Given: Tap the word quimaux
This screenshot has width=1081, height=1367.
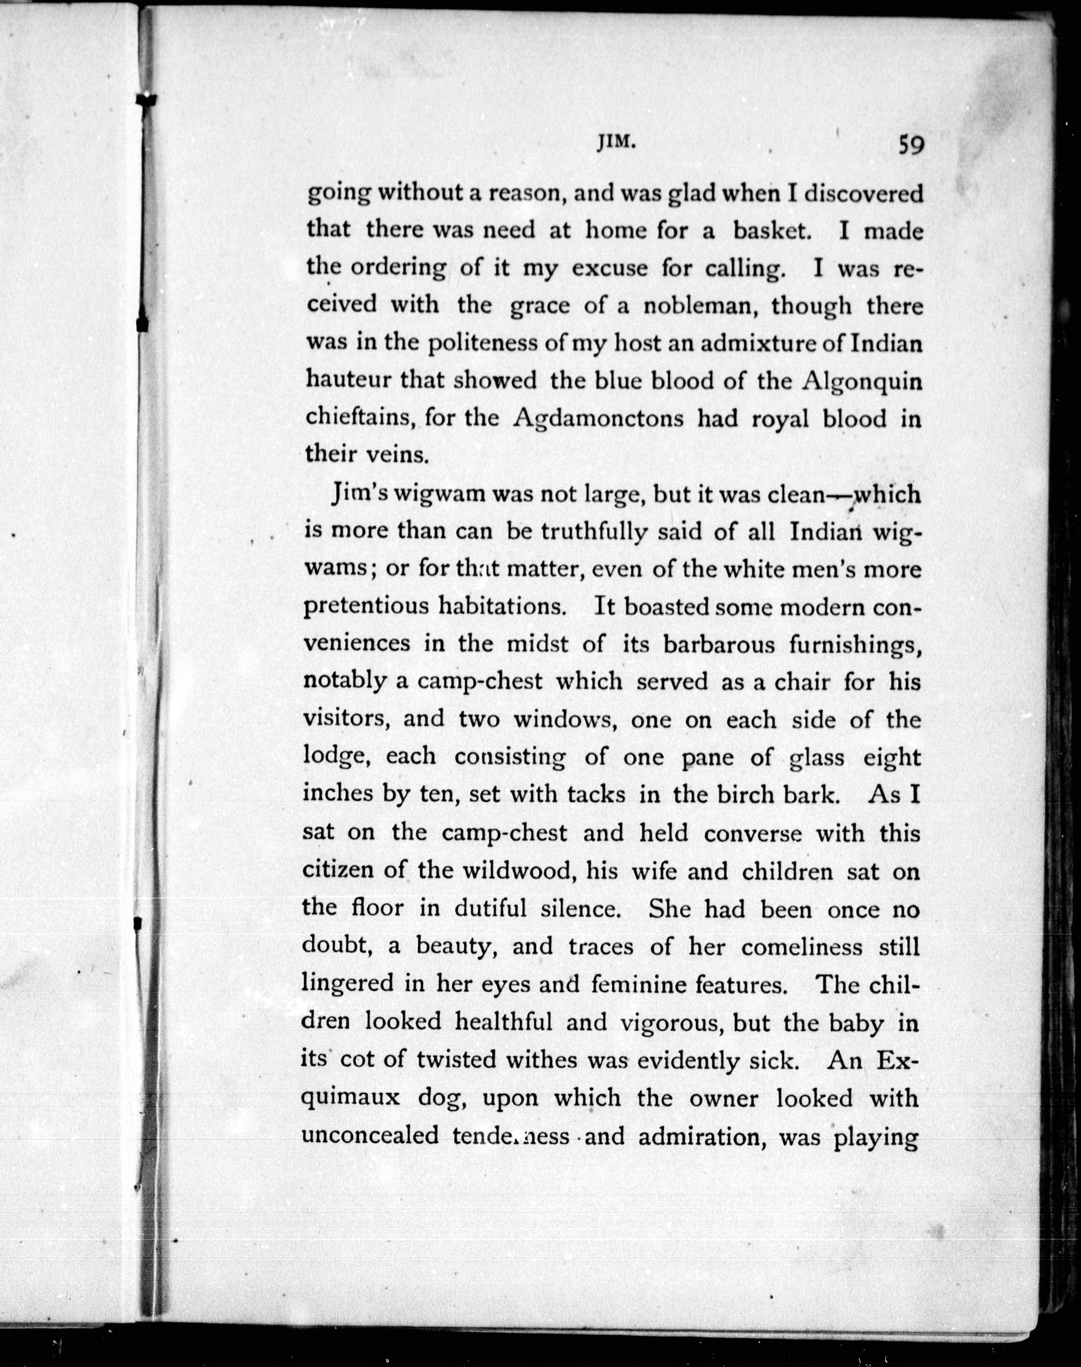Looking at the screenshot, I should [352, 1098].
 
